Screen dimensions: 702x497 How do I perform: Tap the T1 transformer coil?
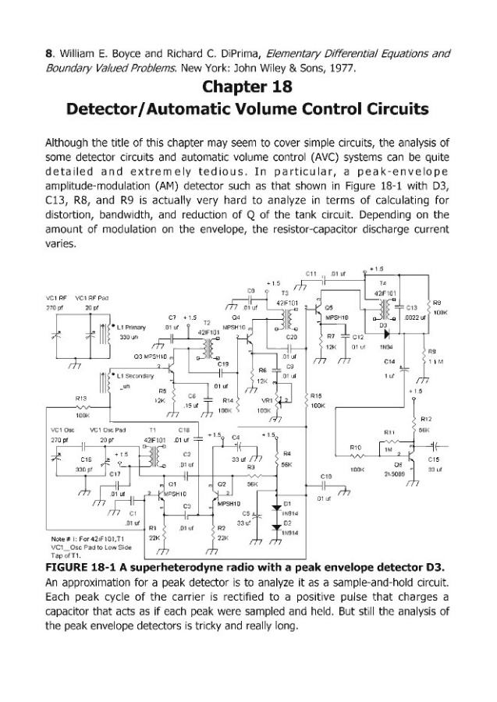(149, 456)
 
